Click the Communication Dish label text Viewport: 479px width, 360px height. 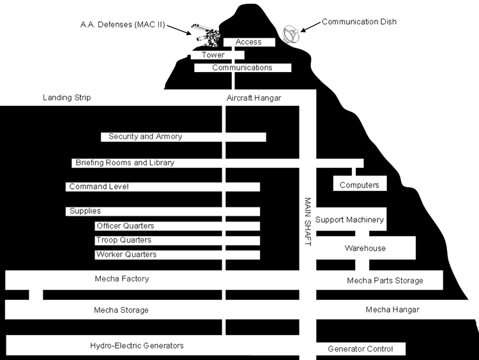[x=359, y=22]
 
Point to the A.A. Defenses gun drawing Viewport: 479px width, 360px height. [x=204, y=33]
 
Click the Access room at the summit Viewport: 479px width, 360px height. [x=248, y=42]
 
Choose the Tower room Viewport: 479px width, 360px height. [x=213, y=55]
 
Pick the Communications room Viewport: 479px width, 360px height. [x=242, y=68]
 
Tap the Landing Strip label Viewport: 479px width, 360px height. [x=67, y=98]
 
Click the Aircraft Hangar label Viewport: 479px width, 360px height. [x=254, y=98]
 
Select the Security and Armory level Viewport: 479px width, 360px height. [x=146, y=137]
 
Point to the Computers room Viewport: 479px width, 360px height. [x=359, y=185]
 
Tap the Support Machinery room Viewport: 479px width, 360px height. [x=349, y=220]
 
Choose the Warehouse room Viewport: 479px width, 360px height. [x=365, y=248]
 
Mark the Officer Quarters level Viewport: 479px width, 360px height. [x=125, y=226]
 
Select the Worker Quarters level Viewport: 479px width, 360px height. [x=126, y=255]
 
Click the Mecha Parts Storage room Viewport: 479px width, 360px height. [x=384, y=280]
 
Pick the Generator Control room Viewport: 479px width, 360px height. [x=360, y=349]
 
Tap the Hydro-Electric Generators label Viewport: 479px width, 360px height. [x=137, y=346]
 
